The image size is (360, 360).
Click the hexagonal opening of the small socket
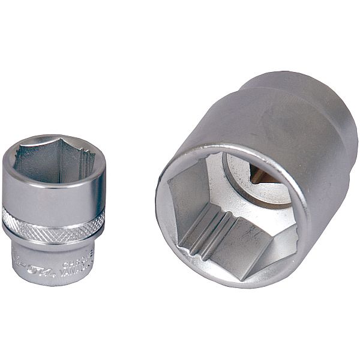(52, 163)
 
